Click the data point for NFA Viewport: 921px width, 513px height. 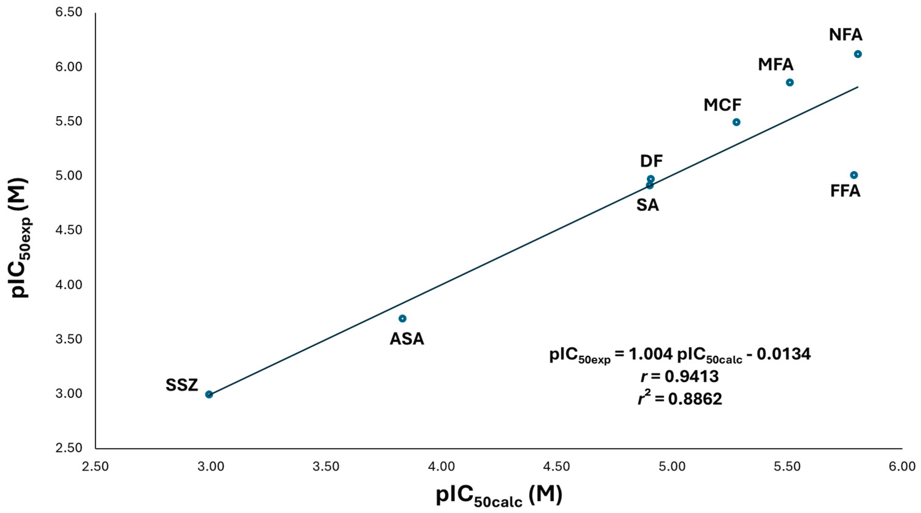[x=858, y=54]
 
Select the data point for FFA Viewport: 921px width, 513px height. [x=854, y=175]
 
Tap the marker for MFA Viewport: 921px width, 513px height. [x=790, y=82]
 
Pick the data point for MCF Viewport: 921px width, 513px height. [x=736, y=122]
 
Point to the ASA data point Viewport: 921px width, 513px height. [x=402, y=318]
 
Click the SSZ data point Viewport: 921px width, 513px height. [x=209, y=395]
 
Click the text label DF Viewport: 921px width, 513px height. [x=651, y=162]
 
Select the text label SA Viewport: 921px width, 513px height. [x=648, y=205]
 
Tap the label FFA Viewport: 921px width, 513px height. [x=845, y=191]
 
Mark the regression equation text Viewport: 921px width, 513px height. [x=680, y=355]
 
